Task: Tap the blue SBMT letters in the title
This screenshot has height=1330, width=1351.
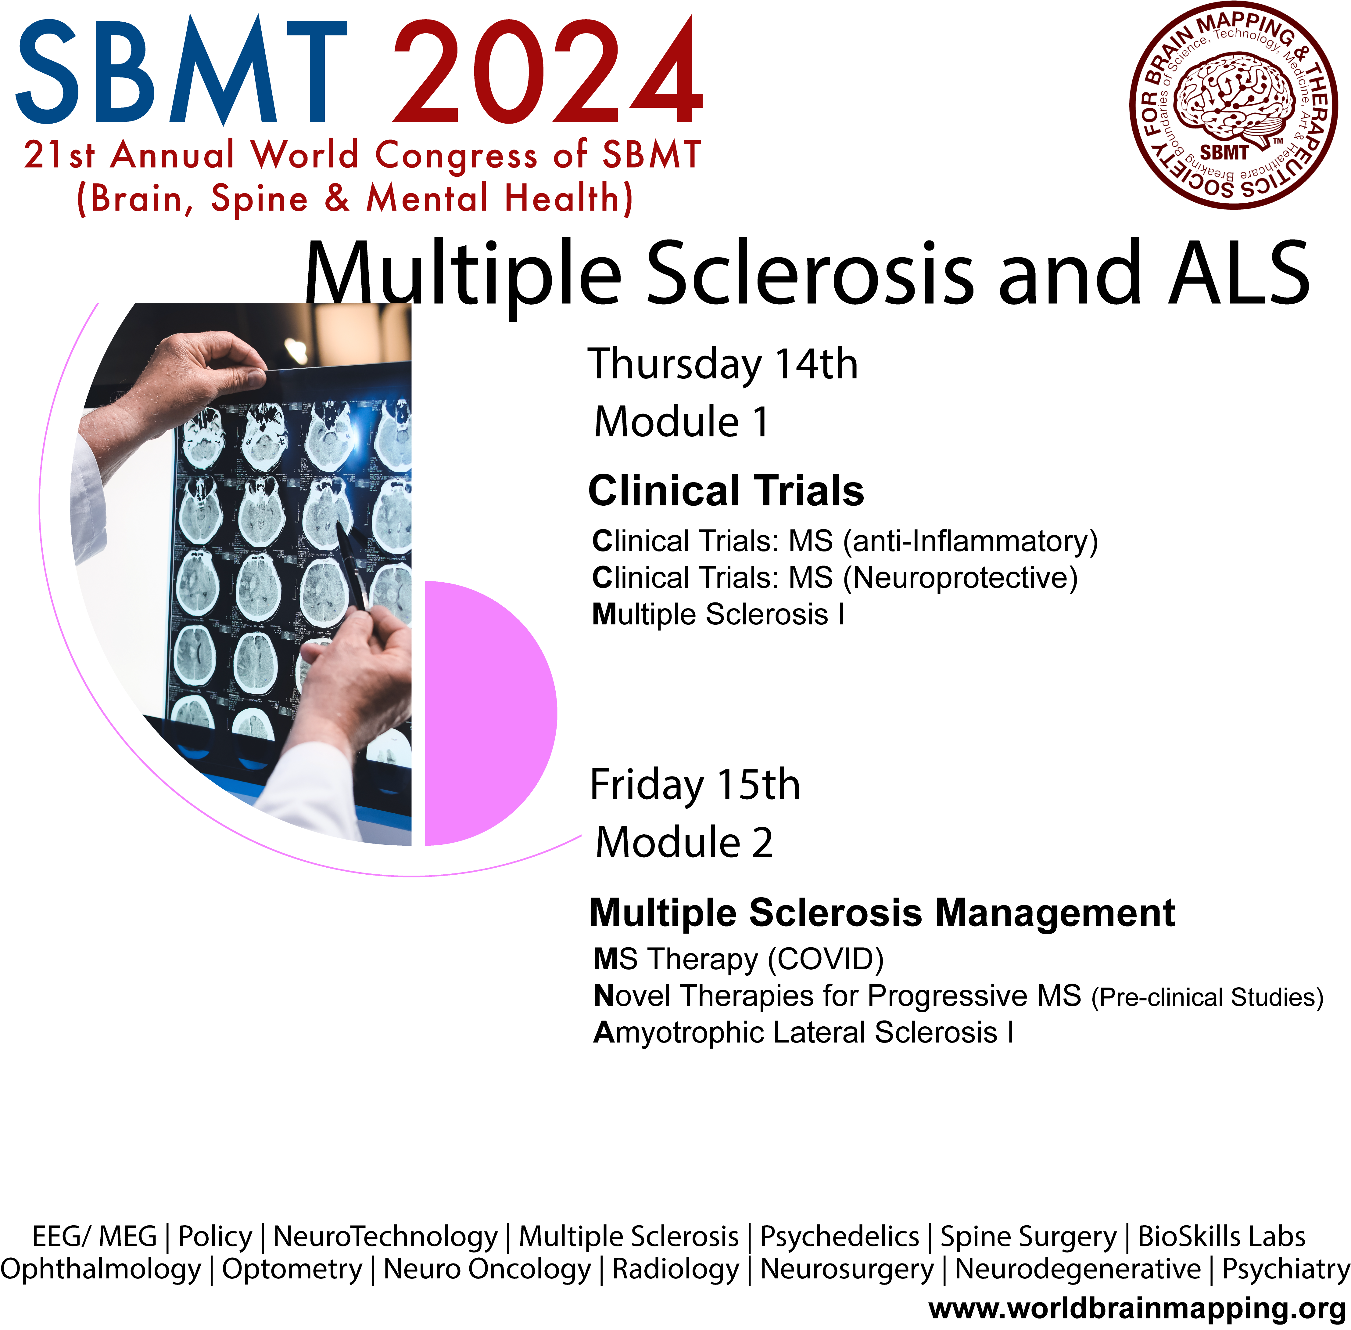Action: (181, 71)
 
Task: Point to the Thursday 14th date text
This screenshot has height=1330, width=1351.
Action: (723, 364)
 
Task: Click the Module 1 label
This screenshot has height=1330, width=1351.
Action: (681, 422)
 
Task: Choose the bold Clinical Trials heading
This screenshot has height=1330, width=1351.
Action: (726, 490)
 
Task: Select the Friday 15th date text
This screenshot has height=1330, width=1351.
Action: (695, 784)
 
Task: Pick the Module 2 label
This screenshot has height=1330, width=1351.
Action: (684, 842)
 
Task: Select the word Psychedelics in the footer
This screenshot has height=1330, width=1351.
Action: (839, 1236)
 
